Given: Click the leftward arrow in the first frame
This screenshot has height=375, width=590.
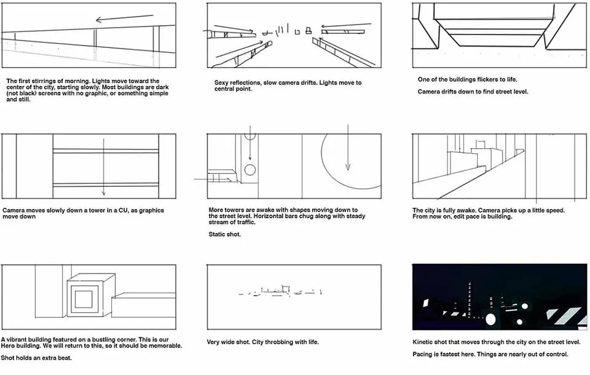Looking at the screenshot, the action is click(125, 18).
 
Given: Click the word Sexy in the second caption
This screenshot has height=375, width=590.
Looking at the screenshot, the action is click(221, 83).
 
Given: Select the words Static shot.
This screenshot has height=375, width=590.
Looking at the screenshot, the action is click(225, 234).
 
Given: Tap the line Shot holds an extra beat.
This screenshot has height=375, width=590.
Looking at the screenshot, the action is click(36, 358).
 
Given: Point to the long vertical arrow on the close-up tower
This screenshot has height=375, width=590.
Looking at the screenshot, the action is click(103, 167).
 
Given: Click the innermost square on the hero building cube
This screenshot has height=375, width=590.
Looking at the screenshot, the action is click(84, 299).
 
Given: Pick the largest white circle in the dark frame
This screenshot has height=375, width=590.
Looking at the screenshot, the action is click(490, 319).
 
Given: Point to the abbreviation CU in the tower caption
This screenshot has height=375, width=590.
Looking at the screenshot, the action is click(123, 210).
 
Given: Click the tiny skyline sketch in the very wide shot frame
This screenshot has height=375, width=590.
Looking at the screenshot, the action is click(280, 291).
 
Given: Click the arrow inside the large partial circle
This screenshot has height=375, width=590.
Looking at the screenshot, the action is click(348, 147).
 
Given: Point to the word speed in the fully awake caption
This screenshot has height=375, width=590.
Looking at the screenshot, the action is click(556, 210).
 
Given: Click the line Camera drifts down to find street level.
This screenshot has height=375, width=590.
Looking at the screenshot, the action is click(473, 92).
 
